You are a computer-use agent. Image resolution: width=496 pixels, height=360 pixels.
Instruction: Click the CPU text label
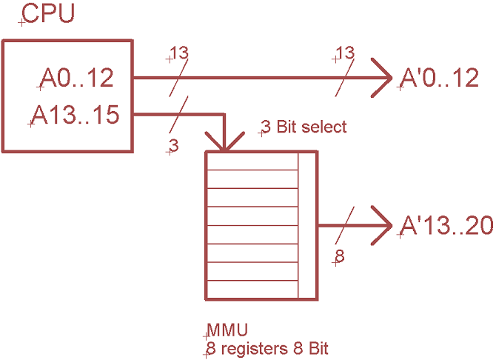coord(49,14)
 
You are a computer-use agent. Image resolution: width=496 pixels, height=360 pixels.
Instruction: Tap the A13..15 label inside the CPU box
coord(76,116)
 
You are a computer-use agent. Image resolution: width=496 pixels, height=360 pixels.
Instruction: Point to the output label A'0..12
coord(439,79)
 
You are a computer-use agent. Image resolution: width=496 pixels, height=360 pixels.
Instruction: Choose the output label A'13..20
coord(446,225)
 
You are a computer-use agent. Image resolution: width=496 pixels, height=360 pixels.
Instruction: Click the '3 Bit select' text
coord(304,127)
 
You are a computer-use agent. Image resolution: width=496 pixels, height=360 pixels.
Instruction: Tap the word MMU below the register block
coord(227,329)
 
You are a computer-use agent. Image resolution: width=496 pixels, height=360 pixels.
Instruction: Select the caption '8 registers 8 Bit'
coord(267,347)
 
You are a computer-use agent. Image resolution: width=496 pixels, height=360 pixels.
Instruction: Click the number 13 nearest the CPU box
coord(178,53)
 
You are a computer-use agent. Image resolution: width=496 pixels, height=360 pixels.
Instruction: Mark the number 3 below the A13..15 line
coord(174,146)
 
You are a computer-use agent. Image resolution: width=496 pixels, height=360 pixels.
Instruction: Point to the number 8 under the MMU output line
coord(341,256)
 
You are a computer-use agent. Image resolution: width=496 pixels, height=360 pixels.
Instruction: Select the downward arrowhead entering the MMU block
coord(222,141)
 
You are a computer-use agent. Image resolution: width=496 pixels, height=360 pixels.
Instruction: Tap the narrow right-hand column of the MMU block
coord(307,225)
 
